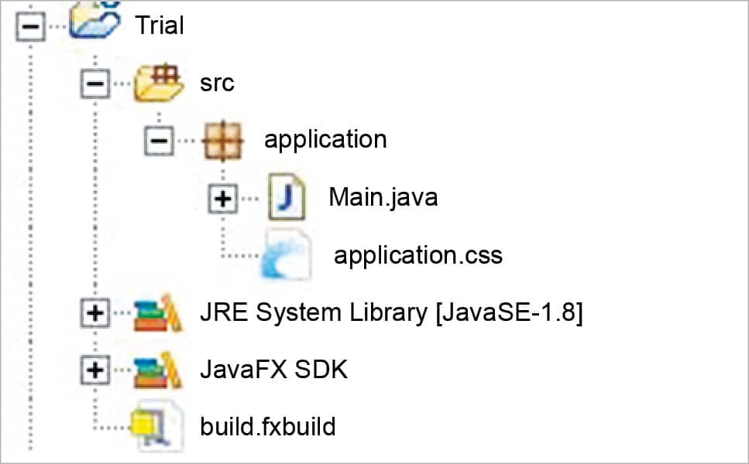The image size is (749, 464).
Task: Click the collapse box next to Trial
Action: tap(29, 25)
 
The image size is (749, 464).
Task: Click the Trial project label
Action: tap(160, 25)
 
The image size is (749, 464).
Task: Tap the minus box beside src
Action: tap(94, 83)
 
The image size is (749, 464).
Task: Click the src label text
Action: tap(217, 83)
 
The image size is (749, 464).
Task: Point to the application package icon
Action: tap(223, 140)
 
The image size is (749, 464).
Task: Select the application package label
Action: tap(325, 139)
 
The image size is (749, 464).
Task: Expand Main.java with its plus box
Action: tap(223, 198)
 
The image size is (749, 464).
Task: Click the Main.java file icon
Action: tap(286, 196)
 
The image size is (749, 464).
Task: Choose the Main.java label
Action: tap(383, 196)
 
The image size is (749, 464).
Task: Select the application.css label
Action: tap(417, 254)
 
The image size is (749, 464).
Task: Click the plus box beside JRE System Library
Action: tap(94, 312)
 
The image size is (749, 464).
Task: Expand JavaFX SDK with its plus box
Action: tap(94, 370)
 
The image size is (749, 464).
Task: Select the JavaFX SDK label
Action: tap(273, 370)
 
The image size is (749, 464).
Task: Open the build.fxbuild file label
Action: tap(267, 426)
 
